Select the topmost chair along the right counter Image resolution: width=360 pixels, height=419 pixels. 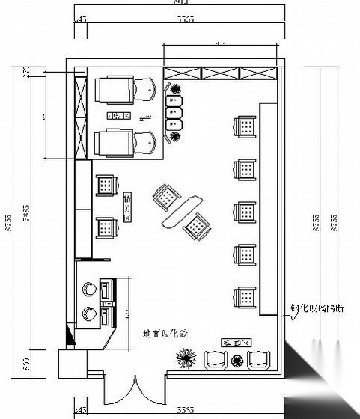click(245, 127)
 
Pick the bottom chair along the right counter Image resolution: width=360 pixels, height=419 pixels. click(245, 298)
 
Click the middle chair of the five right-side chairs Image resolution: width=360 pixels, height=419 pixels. click(245, 212)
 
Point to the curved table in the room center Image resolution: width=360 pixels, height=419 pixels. click(181, 210)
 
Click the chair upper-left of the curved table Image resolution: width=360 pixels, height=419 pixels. click(166, 197)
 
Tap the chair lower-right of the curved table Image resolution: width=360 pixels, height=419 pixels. click(198, 225)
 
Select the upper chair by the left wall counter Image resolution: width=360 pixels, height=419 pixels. click(106, 185)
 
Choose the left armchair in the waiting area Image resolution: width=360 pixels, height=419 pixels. click(216, 360)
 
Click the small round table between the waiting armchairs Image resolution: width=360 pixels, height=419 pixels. click(237, 360)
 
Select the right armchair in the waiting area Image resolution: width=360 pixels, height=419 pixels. click(258, 360)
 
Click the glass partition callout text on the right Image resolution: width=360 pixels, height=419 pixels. click(317, 308)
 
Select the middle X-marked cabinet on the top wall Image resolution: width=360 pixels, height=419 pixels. click(222, 73)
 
